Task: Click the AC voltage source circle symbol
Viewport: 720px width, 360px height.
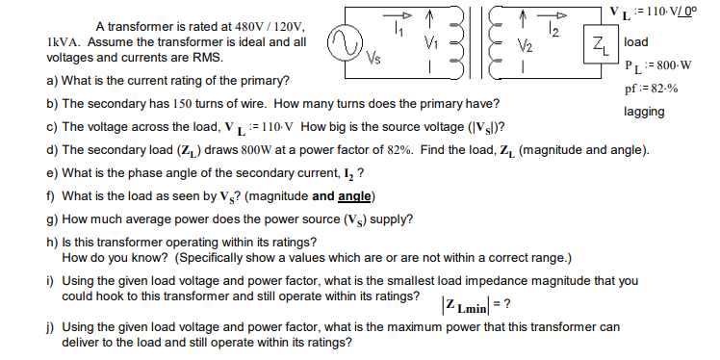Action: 344,42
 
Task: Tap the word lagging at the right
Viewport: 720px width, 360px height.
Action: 644,112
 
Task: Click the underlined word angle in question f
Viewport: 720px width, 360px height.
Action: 353,196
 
